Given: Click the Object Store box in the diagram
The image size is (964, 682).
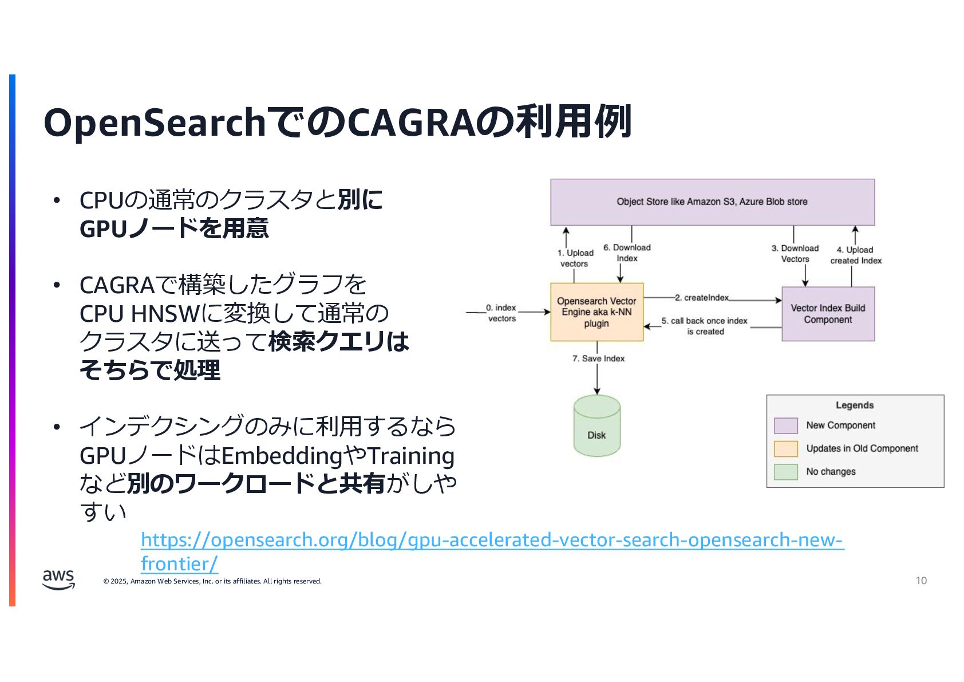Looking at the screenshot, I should pyautogui.click(x=712, y=202).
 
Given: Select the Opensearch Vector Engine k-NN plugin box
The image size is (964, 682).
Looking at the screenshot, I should pyautogui.click(x=596, y=312).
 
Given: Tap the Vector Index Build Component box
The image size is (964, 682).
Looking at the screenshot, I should pyautogui.click(x=828, y=314).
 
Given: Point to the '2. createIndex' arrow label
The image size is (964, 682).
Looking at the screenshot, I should pyautogui.click(x=701, y=298).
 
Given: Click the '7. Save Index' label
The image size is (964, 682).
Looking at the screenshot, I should pyautogui.click(x=598, y=358).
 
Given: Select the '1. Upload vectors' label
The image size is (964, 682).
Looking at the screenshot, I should pyautogui.click(x=575, y=258).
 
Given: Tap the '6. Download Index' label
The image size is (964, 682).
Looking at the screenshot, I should pyautogui.click(x=627, y=253).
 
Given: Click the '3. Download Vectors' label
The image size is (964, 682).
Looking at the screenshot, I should pyautogui.click(x=795, y=254).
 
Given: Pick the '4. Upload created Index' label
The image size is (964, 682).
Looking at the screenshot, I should pyautogui.click(x=856, y=255).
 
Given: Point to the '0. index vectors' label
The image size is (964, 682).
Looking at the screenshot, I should pyautogui.click(x=501, y=313).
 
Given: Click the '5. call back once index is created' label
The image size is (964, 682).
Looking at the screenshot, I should pyautogui.click(x=705, y=326).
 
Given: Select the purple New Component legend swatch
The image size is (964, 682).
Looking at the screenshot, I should pyautogui.click(x=785, y=425).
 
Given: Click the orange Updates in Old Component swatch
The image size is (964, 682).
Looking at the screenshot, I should pyautogui.click(x=785, y=448).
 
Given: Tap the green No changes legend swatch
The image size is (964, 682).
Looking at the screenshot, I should pyautogui.click(x=785, y=472).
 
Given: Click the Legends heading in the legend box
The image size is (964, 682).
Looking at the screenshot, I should pyautogui.click(x=855, y=405).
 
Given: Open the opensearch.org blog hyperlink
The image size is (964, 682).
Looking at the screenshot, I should pyautogui.click(x=492, y=541).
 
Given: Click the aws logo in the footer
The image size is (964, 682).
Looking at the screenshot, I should pyautogui.click(x=58, y=579).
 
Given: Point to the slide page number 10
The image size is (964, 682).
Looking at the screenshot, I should pyautogui.click(x=921, y=581).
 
